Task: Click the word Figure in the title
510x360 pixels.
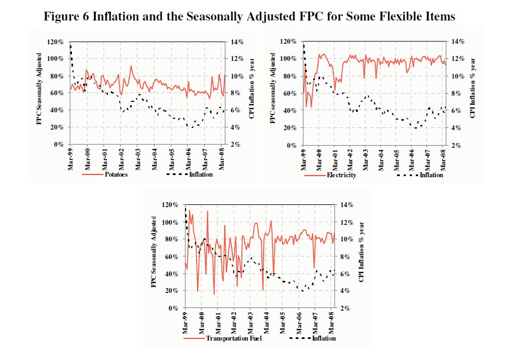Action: [x=62, y=16]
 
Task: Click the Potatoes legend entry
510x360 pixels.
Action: [x=116, y=175]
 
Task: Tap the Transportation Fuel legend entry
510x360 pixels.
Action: [x=233, y=338]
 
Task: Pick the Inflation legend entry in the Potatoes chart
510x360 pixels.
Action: [x=201, y=175]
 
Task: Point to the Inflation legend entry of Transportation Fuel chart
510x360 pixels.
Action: [x=324, y=338]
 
